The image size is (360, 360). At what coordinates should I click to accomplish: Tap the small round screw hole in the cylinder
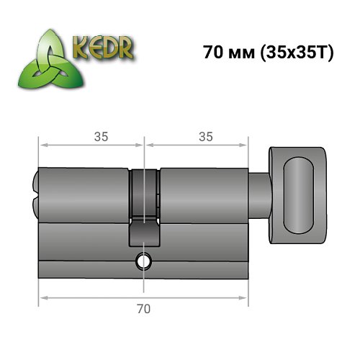point(144,262)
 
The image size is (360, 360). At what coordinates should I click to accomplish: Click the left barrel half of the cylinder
point(83,194)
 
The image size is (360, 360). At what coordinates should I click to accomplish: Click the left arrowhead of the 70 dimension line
point(42,297)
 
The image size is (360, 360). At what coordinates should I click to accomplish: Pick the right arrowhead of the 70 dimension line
point(245,297)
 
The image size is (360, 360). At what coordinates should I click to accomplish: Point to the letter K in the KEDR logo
point(78,50)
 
